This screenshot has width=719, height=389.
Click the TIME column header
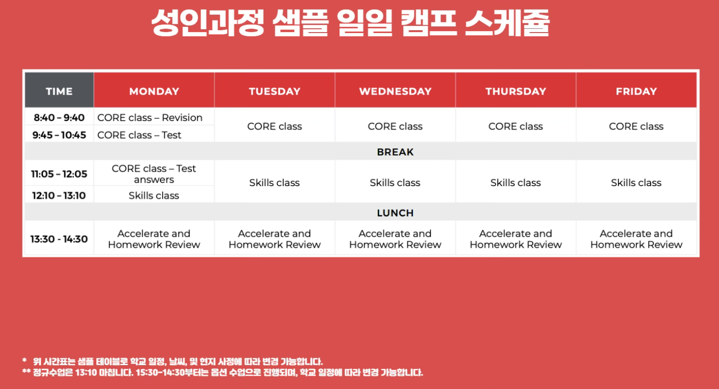59,91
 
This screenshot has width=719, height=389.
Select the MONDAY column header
154,91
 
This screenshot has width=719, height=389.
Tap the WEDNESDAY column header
395,91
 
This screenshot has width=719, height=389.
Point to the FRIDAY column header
636,91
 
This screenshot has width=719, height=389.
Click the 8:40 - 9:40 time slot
59,118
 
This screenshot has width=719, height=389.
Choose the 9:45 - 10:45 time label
59,135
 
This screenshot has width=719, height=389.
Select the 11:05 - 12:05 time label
59,174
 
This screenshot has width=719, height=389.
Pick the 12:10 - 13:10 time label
59,196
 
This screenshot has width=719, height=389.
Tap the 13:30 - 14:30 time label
59,239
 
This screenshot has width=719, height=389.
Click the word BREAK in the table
395,152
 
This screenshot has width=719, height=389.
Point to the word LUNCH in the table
395,213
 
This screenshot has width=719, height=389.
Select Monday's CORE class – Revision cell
150,118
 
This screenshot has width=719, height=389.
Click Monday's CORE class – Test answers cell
154,174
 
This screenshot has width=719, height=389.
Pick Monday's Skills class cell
154,196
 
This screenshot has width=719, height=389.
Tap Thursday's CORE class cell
516,126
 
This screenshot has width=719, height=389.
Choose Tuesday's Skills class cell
274,183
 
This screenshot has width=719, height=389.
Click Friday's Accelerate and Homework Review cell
636,239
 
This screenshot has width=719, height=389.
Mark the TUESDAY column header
275,91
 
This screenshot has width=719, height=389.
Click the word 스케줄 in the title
507,22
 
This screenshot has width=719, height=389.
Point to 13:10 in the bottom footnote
86,373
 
